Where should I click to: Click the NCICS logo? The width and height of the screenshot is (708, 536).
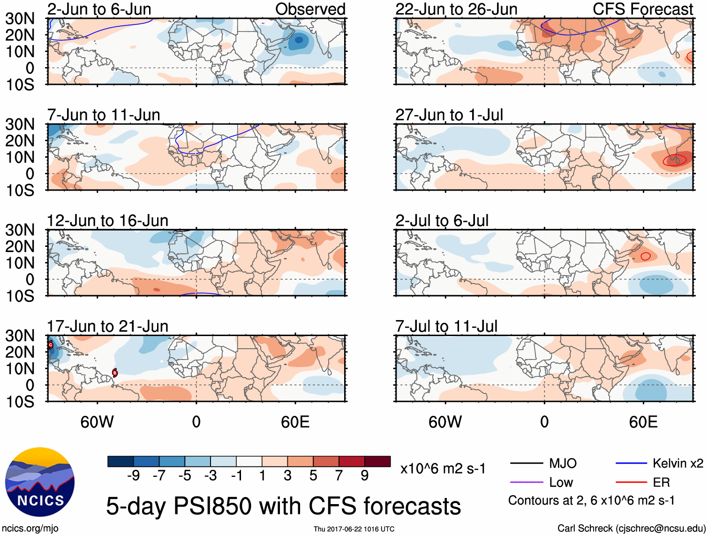pos(40,482)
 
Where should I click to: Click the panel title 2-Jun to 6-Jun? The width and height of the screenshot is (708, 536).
pos(99,9)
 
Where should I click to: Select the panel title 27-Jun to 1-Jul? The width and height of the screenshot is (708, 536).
pos(449,115)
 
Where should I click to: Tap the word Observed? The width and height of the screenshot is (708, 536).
pos(310,9)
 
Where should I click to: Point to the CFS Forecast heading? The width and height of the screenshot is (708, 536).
pos(642,9)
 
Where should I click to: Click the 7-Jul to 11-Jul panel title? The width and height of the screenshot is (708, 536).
pos(446,326)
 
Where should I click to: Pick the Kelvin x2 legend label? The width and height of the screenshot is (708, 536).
pos(678,464)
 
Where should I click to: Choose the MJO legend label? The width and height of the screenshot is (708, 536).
pos(563,464)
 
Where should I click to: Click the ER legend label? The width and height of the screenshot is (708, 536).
pos(661,482)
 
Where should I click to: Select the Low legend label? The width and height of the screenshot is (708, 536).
pos(561,482)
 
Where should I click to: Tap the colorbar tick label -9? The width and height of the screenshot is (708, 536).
pos(133,476)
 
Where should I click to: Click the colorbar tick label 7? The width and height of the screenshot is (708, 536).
pos(339,476)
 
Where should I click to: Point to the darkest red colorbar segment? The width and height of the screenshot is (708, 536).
pos(377,461)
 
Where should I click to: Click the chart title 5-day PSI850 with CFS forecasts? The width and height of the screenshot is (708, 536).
pos(283,506)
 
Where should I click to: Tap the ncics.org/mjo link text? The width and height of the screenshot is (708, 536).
pos(30,528)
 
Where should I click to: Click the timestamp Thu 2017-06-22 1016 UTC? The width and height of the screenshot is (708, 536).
pos(354,529)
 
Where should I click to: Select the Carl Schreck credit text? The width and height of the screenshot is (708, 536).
pos(631,528)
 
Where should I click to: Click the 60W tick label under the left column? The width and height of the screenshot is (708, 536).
pos(97,422)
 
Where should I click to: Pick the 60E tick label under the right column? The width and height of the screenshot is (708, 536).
pos(643,422)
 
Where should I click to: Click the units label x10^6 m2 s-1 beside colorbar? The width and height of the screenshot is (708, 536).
pos(443,469)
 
